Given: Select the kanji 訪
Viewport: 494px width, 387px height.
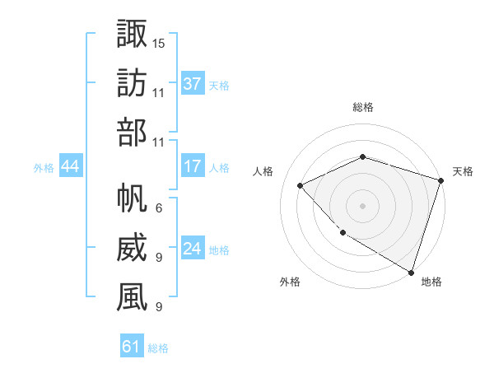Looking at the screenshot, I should click(132, 84).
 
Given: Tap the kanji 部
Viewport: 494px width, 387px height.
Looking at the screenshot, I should click(132, 133).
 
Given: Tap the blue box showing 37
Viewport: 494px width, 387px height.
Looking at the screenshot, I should click(193, 83).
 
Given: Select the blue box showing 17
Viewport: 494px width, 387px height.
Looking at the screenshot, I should click(193, 166).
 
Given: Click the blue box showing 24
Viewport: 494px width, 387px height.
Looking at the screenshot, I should click(193, 249).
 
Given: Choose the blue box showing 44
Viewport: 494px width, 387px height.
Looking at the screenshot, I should click(70, 167).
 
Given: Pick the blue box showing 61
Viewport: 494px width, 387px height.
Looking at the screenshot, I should click(132, 347).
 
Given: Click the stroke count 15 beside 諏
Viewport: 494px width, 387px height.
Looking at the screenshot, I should click(159, 42).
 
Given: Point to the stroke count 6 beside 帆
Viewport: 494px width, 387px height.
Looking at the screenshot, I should click(159, 207).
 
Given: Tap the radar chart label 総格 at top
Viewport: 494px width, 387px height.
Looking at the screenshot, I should click(362, 108).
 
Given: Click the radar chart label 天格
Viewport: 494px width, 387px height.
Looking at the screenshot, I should click(463, 171).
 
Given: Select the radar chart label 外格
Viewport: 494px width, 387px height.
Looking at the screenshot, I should click(290, 282).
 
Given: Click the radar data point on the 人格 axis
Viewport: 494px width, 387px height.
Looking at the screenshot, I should click(301, 185).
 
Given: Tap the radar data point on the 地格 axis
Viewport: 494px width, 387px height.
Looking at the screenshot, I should click(410, 271).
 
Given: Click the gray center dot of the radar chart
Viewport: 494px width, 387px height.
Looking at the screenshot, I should click(362, 205).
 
